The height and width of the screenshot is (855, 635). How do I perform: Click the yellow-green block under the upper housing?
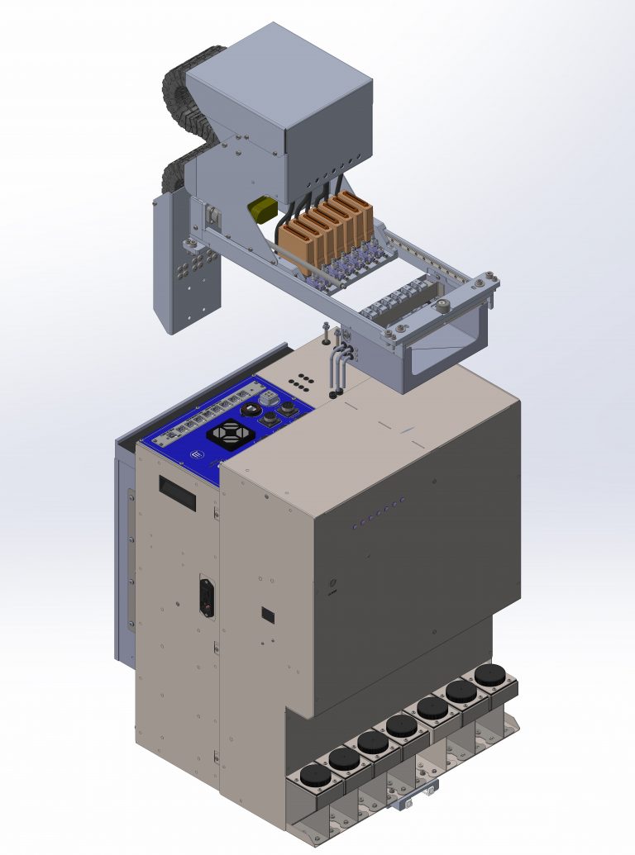pos(263,209)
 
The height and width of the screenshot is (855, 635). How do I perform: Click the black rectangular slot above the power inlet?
pos(178,493)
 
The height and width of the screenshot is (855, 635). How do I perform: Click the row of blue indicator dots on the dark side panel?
pos(378,512)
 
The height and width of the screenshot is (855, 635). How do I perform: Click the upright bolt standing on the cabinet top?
pos(327,332)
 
